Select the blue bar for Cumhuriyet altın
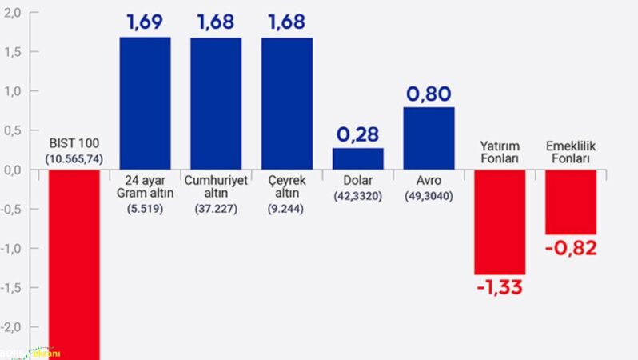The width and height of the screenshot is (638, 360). coord(216,103)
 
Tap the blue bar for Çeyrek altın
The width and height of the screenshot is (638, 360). coord(287,103)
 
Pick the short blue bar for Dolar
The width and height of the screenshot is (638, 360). coord(357,158)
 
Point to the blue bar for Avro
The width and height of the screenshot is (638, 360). coord(429,138)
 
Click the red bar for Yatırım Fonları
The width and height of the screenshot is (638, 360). coord(500,222)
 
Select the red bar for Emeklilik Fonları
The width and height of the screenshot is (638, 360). coord(571,202)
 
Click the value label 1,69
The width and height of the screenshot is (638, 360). coord(145,22)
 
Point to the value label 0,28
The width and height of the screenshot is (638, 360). coord(357,133)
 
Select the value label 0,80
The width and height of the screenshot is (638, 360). coord(429,94)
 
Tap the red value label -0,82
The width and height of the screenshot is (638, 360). coord(571,248)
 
